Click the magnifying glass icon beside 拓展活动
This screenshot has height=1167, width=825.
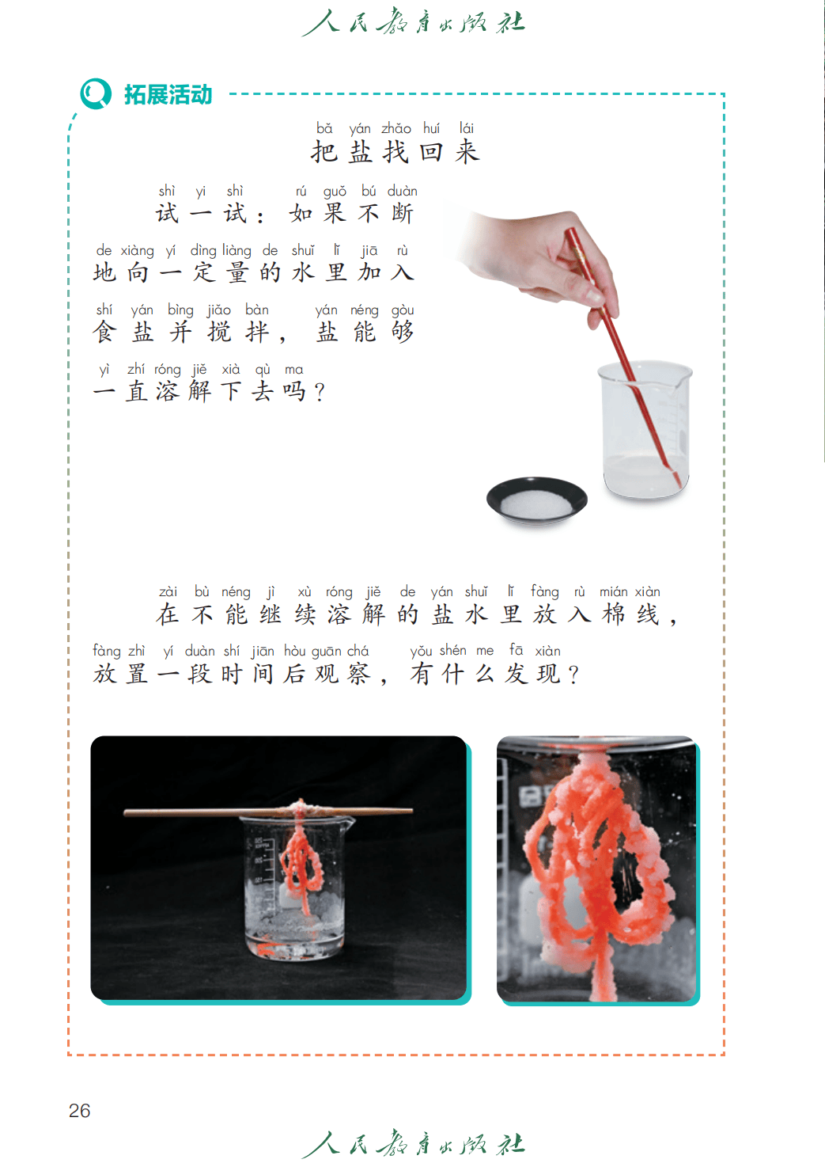pyautogui.click(x=95, y=93)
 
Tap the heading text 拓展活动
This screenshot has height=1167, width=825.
pyautogui.click(x=168, y=95)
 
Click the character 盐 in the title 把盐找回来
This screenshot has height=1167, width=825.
pyautogui.click(x=360, y=152)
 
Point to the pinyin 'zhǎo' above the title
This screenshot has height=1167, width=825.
pyautogui.click(x=396, y=128)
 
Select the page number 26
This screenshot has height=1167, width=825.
pyautogui.click(x=80, y=1110)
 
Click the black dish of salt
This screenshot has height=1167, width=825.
pyautogui.click(x=536, y=500)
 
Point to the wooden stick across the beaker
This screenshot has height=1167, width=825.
pyautogui.click(x=268, y=812)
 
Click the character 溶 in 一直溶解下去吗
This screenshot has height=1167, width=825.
pyautogui.click(x=167, y=391)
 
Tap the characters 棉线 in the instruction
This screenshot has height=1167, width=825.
pyautogui.click(x=631, y=614)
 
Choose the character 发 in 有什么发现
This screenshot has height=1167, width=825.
pyautogui.click(x=517, y=674)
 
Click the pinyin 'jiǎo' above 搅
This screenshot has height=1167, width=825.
pyautogui.click(x=218, y=310)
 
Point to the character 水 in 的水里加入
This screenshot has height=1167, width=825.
pyautogui.click(x=303, y=272)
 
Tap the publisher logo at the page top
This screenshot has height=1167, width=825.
pyautogui.click(x=414, y=22)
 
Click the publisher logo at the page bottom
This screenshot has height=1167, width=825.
pyautogui.click(x=414, y=1144)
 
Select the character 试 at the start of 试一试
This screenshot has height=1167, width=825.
pyautogui.click(x=167, y=213)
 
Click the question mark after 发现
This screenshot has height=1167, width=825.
pyautogui.click(x=573, y=675)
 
